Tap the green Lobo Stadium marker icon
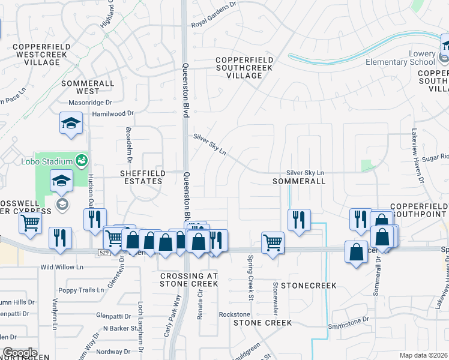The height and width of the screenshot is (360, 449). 80,161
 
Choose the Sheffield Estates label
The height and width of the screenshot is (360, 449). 141,177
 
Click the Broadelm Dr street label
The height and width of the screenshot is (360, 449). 128,145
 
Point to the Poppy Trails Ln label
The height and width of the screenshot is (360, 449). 77,290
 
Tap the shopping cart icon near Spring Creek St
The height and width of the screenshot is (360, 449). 273,242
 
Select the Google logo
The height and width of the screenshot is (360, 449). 19,353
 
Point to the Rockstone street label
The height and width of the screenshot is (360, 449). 234,314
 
